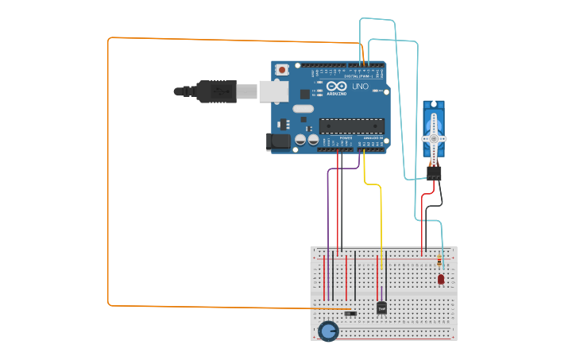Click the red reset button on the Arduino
pyautogui.click(x=282, y=70)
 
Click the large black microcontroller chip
pyautogui.click(x=351, y=125)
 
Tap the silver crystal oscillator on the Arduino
pyautogui.click(x=303, y=109)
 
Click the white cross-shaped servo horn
pyautogui.click(x=434, y=138)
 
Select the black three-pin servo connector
pyautogui.click(x=434, y=173)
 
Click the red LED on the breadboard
pyautogui.click(x=441, y=279)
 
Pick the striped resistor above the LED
pyautogui.click(x=440, y=261)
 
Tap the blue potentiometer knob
pyautogui.click(x=327, y=331)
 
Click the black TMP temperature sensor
pyautogui.click(x=381, y=308)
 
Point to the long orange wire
pyautogui.click(x=109, y=175)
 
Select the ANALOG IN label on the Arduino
pyautogui.click(x=373, y=138)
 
